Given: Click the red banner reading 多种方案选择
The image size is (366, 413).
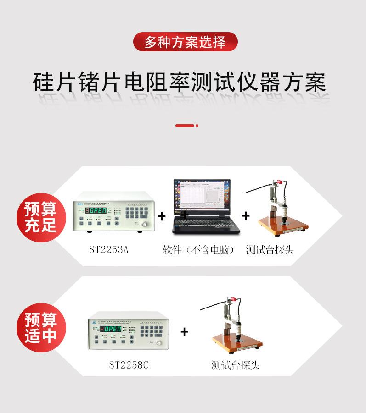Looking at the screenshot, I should pos(186,42).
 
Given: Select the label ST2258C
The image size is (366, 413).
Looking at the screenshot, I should pos(129,365).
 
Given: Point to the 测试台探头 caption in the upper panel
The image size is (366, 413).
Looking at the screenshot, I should pos(270,250).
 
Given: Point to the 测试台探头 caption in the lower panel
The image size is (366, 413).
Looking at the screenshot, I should pos(235,365).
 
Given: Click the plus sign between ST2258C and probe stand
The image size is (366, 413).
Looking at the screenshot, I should pos(184,332).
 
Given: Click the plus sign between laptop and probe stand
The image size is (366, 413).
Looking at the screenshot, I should pos(246,215).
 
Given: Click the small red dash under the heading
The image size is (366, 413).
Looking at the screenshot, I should pos(186,125).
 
